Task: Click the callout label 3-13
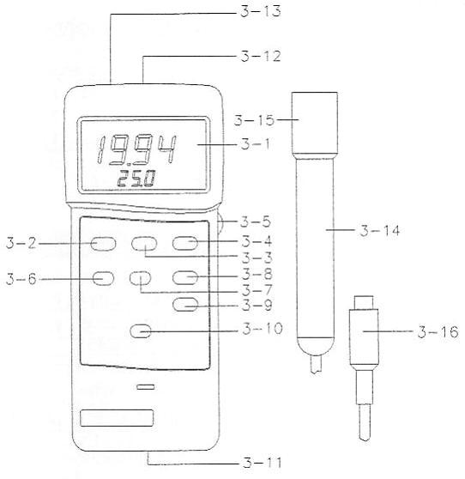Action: [261, 11]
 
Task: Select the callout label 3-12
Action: [261, 56]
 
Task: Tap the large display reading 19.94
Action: [136, 149]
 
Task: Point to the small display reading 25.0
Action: [136, 179]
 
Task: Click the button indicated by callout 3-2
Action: [103, 244]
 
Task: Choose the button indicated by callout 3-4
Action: [185, 243]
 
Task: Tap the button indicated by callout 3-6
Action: [103, 279]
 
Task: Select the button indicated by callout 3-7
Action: [140, 278]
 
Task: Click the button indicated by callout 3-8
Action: [185, 277]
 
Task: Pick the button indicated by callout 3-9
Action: [185, 305]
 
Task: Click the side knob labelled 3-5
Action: [220, 223]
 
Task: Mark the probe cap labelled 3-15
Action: [315, 124]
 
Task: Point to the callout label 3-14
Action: [379, 231]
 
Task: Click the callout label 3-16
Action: [438, 331]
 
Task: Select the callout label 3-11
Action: [262, 463]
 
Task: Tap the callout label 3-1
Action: [256, 144]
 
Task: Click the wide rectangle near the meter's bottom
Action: [117, 418]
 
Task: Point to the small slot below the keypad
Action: [146, 387]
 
